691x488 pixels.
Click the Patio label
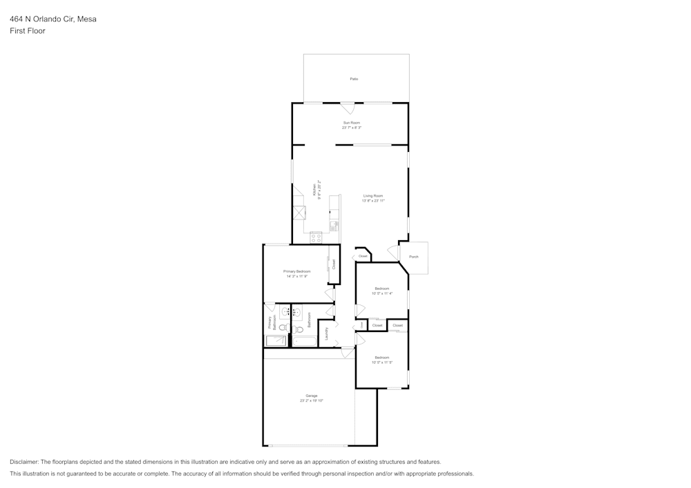coord(354,79)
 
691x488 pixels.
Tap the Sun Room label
coord(352,123)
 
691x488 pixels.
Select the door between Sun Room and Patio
coord(348,108)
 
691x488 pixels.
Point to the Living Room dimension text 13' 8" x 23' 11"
coord(373,201)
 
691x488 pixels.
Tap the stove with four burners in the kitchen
coord(316,237)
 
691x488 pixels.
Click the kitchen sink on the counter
coord(334,224)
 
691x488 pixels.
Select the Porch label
coord(414,257)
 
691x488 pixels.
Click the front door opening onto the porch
coord(394,251)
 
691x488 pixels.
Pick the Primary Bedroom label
coord(296,271)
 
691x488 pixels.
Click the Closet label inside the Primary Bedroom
coord(334,264)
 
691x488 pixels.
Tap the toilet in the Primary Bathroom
coord(283,329)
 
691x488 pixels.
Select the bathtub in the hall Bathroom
coord(304,340)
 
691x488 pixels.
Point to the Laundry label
coord(326,334)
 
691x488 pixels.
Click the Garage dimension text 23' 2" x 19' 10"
coord(311,400)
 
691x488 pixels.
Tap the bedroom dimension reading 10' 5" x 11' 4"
coord(382,293)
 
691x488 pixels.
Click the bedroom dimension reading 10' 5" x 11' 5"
coord(382,362)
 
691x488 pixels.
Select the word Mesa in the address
coord(87,19)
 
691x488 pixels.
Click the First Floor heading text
coord(28,31)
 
